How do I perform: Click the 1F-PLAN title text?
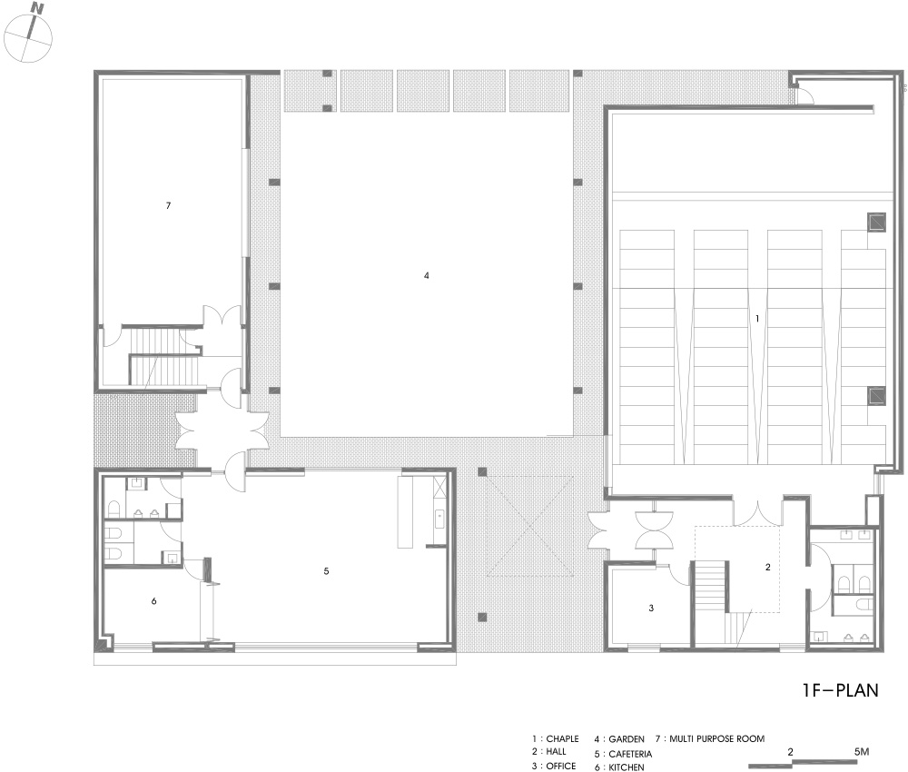840,690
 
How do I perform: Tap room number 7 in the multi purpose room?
169,205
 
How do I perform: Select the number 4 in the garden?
427,276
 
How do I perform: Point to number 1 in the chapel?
757,319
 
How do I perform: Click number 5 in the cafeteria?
326,571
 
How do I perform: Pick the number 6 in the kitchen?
154,601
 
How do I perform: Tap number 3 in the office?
651,609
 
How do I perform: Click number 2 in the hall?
768,567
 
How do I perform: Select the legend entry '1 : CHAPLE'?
556,739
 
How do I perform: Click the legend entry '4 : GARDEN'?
619,739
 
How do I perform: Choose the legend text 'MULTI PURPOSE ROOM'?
717,738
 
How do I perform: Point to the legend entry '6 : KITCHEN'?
619,767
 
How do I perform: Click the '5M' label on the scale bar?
862,752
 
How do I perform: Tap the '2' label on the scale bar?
791,752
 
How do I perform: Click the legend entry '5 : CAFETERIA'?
623,754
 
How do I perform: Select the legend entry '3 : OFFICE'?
554,767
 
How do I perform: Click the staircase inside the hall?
710,586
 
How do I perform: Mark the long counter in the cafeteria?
405,511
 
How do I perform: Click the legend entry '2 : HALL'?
549,752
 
